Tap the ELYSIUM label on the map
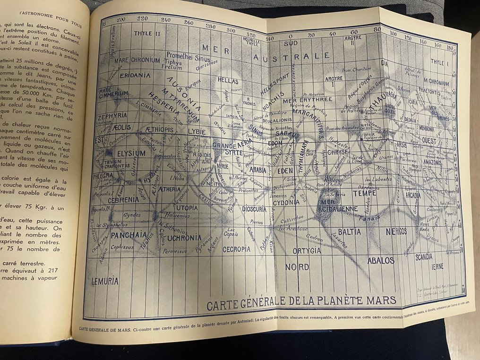pos(131,154)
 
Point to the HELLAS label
pos(228,81)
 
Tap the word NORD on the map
pos(297,267)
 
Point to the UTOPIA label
pos(187,207)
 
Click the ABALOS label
pos(381,260)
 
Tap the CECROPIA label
pos(236,249)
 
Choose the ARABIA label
pos(258,169)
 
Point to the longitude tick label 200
pos(121,19)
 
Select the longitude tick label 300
pos(231,30)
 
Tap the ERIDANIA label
pos(122,75)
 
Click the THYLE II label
pos(143,34)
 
